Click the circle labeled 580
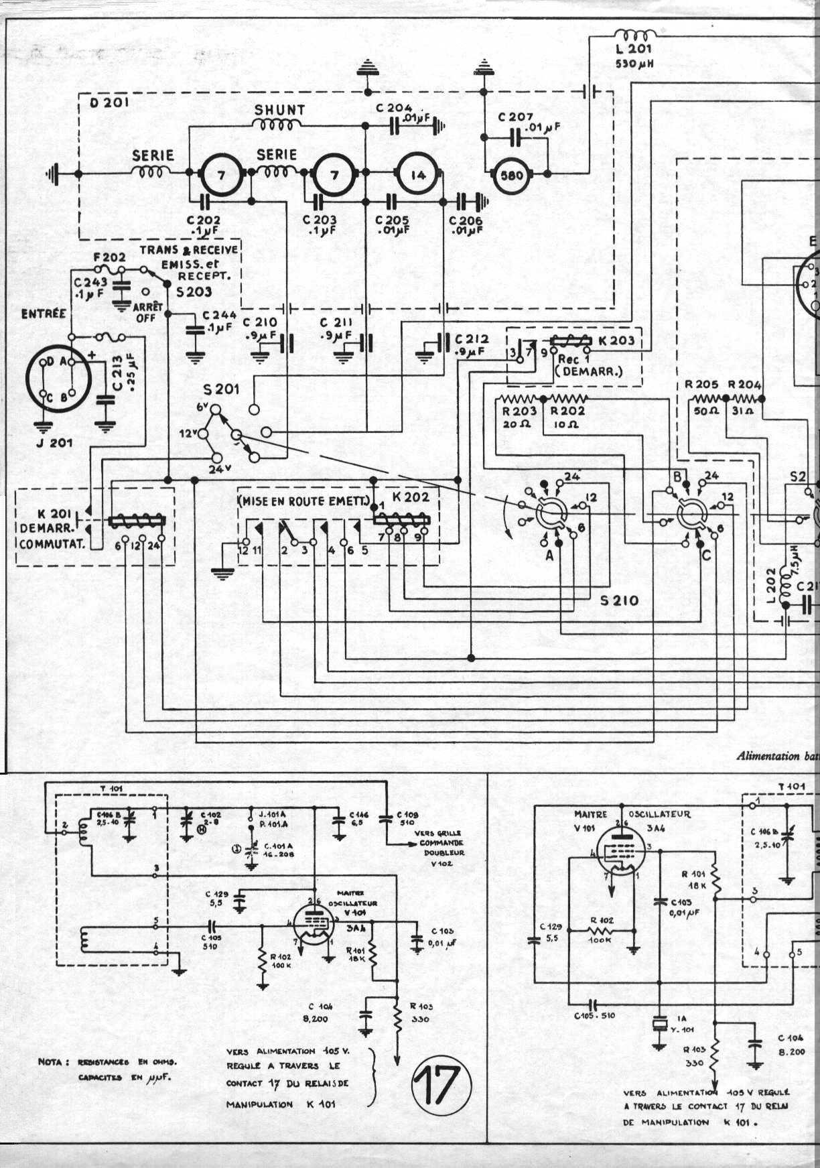[512, 176]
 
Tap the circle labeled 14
[418, 175]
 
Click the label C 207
[515, 117]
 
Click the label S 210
[619, 600]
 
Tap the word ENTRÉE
[44, 314]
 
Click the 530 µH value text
[634, 64]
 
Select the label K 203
[616, 340]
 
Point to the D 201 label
[109, 103]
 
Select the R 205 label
[701, 385]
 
